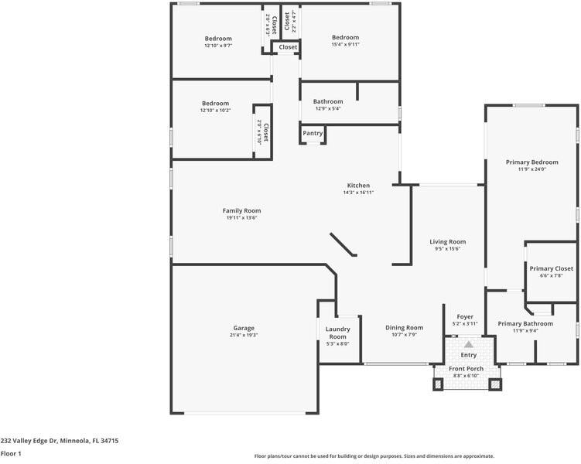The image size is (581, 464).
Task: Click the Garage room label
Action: tap(244, 328)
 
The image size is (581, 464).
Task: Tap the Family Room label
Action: tap(241, 210)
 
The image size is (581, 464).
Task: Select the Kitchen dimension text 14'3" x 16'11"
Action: tap(358, 193)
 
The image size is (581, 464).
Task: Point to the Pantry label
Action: tap(313, 133)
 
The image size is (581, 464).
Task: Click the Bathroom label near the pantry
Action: tap(328, 101)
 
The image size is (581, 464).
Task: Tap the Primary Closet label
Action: tap(551, 268)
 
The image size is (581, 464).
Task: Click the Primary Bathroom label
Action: tap(525, 323)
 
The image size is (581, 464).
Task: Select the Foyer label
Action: tap(464, 316)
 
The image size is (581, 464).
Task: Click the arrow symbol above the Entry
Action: tap(468, 343)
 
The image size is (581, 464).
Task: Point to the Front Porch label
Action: tap(467, 369)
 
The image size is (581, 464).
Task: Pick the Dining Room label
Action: tap(405, 327)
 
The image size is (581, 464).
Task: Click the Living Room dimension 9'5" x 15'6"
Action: tap(447, 249)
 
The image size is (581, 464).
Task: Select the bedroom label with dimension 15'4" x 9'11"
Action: tap(345, 37)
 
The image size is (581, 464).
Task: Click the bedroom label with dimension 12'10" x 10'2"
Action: tap(216, 103)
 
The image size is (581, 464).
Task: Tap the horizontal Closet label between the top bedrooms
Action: tap(288, 47)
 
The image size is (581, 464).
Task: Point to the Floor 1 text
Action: tap(11, 454)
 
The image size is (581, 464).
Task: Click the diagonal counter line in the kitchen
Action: tap(343, 244)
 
